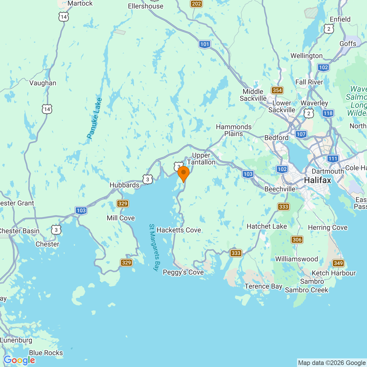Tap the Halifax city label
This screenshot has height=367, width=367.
[x=318, y=180]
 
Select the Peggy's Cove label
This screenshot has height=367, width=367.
[x=183, y=272]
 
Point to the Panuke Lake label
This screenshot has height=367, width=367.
[x=94, y=118]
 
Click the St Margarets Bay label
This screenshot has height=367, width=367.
[x=154, y=247]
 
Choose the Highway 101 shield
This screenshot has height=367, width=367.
[x=205, y=44]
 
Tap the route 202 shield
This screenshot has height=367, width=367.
[x=196, y=4]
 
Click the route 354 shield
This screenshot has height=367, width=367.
[x=277, y=90]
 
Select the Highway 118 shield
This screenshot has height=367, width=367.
[x=328, y=113]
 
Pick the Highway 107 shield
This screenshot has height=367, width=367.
[x=301, y=134]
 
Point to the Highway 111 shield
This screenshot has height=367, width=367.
[x=333, y=159]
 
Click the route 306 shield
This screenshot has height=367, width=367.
[x=297, y=240]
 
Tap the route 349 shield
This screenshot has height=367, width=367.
[x=338, y=263]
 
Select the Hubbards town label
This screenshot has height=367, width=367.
[x=124, y=185]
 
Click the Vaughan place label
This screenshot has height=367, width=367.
[x=43, y=83]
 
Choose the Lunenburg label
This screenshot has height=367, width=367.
[x=16, y=340]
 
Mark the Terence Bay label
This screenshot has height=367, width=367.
[x=263, y=286]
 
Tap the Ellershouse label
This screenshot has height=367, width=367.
[x=146, y=6]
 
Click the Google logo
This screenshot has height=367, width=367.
[x=19, y=360]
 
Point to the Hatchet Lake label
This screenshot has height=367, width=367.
[x=267, y=227]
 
